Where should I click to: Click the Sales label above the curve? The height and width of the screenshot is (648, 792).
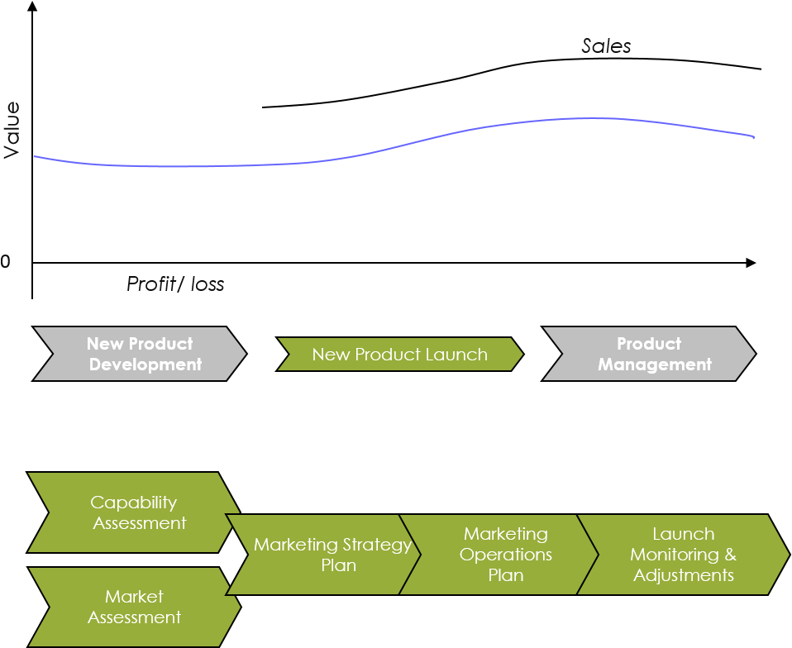click(606, 46)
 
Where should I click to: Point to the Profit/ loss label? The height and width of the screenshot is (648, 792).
click(175, 284)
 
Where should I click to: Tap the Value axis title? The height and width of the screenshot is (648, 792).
click(12, 130)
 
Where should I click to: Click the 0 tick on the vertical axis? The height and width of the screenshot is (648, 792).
click(6, 262)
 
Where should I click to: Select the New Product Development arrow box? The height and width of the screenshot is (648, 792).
click(140, 354)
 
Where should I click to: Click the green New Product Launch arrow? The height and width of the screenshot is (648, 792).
click(399, 355)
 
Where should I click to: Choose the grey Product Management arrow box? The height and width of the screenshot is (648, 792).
click(649, 354)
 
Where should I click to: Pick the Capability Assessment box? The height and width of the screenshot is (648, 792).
click(132, 512)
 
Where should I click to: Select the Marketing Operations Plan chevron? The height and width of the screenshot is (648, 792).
click(499, 555)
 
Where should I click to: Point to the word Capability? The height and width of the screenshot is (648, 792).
click(134, 503)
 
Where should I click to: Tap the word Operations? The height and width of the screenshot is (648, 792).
click(506, 555)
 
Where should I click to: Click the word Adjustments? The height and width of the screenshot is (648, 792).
click(684, 575)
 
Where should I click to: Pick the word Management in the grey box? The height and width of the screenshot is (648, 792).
click(655, 364)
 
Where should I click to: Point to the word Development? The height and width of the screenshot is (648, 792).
click(146, 364)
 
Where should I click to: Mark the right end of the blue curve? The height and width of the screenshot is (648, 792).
click(754, 136)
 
